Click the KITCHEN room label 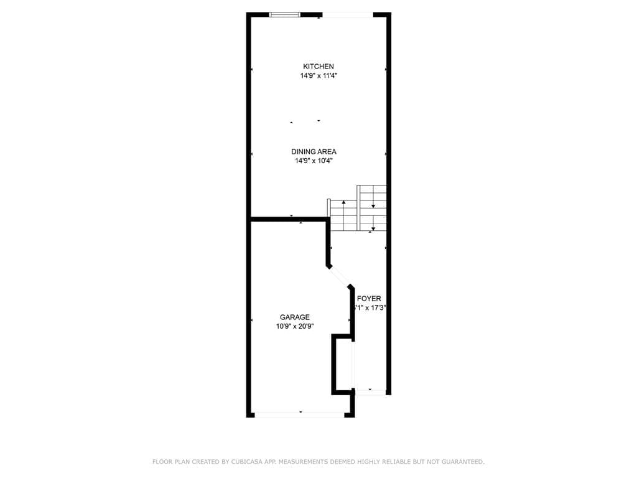(318, 67)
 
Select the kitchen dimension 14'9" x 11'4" (318, 76)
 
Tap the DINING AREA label (314, 152)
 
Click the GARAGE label (294, 317)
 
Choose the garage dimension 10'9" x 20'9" (295, 326)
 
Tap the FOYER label (369, 299)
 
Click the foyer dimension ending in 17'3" (371, 307)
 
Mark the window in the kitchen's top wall (285, 14)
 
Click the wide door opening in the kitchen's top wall (347, 15)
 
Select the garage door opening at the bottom (300, 413)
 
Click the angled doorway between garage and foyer (340, 276)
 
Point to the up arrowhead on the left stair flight (343, 203)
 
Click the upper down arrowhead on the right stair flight (373, 205)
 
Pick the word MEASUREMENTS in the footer (307, 462)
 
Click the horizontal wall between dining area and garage (289, 219)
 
